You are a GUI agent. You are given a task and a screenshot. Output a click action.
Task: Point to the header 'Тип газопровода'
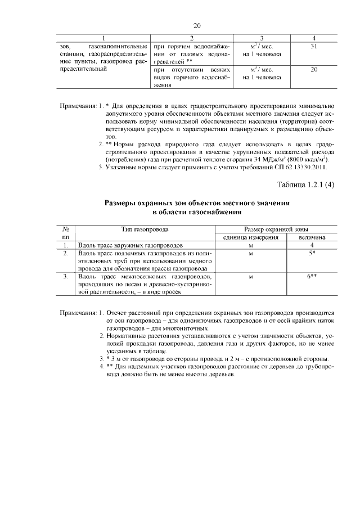pyautogui.click(x=145, y=229)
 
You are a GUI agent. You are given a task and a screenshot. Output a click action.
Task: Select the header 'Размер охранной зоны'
pyautogui.click(x=276, y=229)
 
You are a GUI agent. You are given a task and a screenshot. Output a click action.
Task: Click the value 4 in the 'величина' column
pyautogui.click(x=312, y=246)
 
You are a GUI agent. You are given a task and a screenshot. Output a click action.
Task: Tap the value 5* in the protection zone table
pyautogui.click(x=312, y=254)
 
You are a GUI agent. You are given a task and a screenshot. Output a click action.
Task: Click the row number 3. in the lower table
pyautogui.click(x=66, y=277)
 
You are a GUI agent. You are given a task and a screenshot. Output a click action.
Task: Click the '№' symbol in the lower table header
pyautogui.click(x=66, y=229)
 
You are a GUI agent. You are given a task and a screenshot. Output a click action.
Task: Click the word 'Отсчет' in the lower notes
pyautogui.click(x=118, y=312)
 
